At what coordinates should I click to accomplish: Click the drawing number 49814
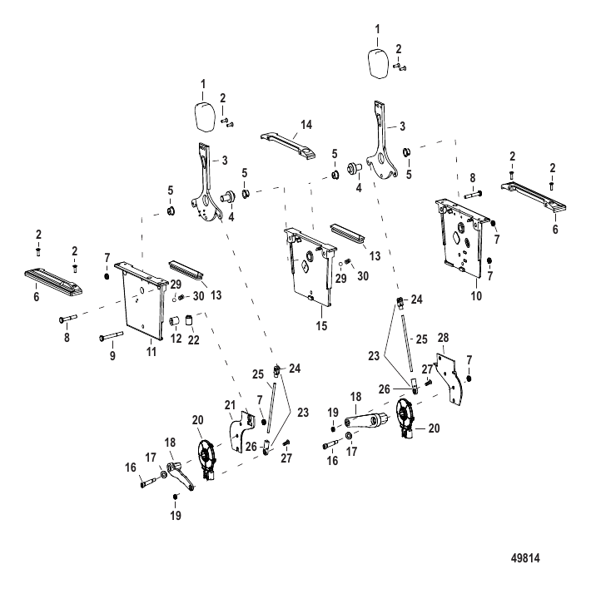pos(525,557)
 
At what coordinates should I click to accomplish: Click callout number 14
pos(306,125)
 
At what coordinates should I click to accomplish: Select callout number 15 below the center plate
pos(321,326)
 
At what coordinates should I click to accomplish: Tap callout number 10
pos(476,296)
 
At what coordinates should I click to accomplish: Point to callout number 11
pos(151,352)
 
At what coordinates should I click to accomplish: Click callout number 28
pos(443,338)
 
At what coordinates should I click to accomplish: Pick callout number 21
pos(230,405)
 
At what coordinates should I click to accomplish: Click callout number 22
pos(193,339)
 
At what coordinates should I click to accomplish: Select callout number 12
pos(176,339)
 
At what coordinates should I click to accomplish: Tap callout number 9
pos(112,355)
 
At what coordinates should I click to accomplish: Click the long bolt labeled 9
pos(112,335)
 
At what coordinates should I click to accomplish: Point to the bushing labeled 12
pos(175,322)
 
